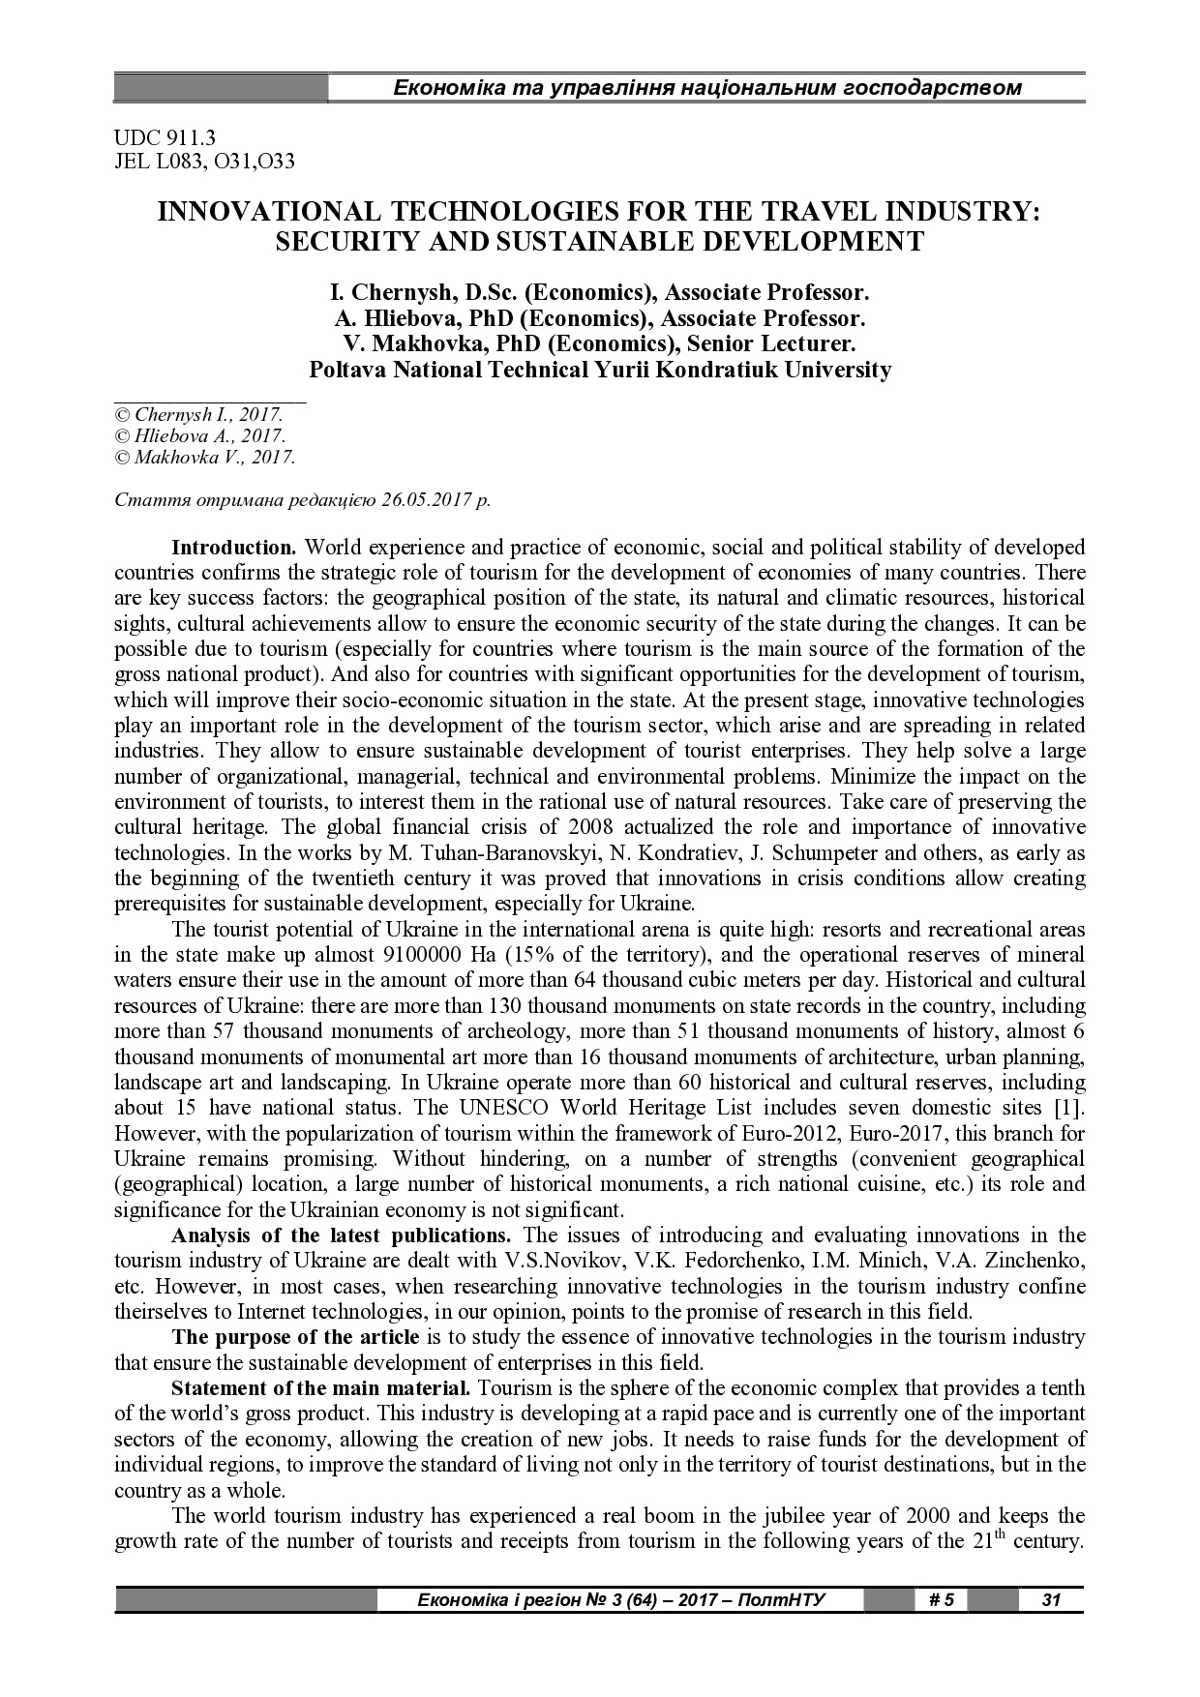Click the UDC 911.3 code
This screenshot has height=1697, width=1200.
click(164, 139)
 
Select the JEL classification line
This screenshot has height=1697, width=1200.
click(204, 162)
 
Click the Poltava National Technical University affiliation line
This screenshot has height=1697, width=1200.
click(599, 370)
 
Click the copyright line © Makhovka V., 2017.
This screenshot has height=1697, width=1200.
click(204, 458)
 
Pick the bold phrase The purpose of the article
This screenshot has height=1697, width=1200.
click(295, 1337)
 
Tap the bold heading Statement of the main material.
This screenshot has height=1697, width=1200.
click(320, 1388)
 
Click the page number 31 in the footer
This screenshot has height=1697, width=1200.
click(1051, 1599)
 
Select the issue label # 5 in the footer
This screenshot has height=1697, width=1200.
click(941, 1599)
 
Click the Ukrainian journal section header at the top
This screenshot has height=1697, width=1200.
click(706, 88)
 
